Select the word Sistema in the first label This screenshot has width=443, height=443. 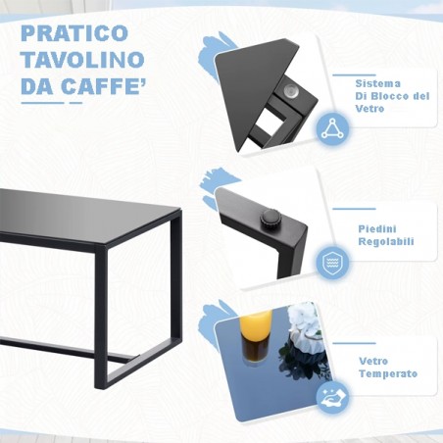coord(377,83)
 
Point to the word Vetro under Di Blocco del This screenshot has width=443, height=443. coord(371,109)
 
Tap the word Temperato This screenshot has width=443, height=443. coord(388,374)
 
